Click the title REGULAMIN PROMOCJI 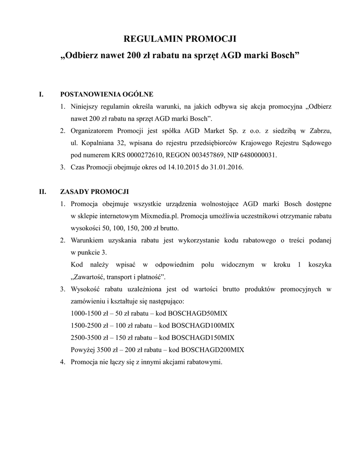coord(180,38)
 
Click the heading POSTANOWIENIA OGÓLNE coord(106,95)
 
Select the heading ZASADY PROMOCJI coord(95,191)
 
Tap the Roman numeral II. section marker coord(42,191)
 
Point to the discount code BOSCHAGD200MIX coord(213,350)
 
